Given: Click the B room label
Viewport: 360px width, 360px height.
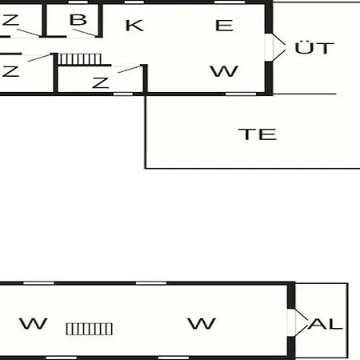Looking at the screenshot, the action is pos(78,20).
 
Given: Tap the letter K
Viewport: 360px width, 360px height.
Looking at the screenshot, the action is pos(134,26).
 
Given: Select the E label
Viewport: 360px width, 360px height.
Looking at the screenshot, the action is pos(224,26).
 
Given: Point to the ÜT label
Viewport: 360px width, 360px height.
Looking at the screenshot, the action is pos(314,48).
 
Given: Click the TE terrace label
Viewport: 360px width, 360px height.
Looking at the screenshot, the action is pos(258,134).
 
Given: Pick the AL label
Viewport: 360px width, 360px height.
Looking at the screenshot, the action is pos(325,324).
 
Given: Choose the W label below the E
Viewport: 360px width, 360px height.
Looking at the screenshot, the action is pos(224,71).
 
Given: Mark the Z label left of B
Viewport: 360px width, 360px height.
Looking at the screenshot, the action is pos(10,20).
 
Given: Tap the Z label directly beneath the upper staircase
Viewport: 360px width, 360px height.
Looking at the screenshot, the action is pos(101,82).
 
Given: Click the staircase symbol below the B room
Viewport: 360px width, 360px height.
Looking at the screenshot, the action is pos(80,59).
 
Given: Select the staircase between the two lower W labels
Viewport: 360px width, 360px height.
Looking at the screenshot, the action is pos(90,329).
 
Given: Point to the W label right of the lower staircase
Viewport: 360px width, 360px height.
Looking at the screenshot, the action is pos(202,323).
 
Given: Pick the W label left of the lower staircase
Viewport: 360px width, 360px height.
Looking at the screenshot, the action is pos(34,323).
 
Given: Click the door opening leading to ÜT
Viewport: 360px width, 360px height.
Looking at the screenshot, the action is pos(269,47).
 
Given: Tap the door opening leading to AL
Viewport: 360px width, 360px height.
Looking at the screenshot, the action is pos(291,322).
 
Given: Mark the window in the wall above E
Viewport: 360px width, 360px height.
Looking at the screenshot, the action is pos(230,2).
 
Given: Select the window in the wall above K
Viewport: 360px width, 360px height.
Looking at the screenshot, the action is pos(134,2).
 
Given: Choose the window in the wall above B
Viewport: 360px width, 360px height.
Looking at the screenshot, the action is pos(78,2).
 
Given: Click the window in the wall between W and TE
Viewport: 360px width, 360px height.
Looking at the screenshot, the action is pos(241,94).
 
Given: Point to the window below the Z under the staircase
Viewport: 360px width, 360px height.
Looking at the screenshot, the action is pos(123,94).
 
